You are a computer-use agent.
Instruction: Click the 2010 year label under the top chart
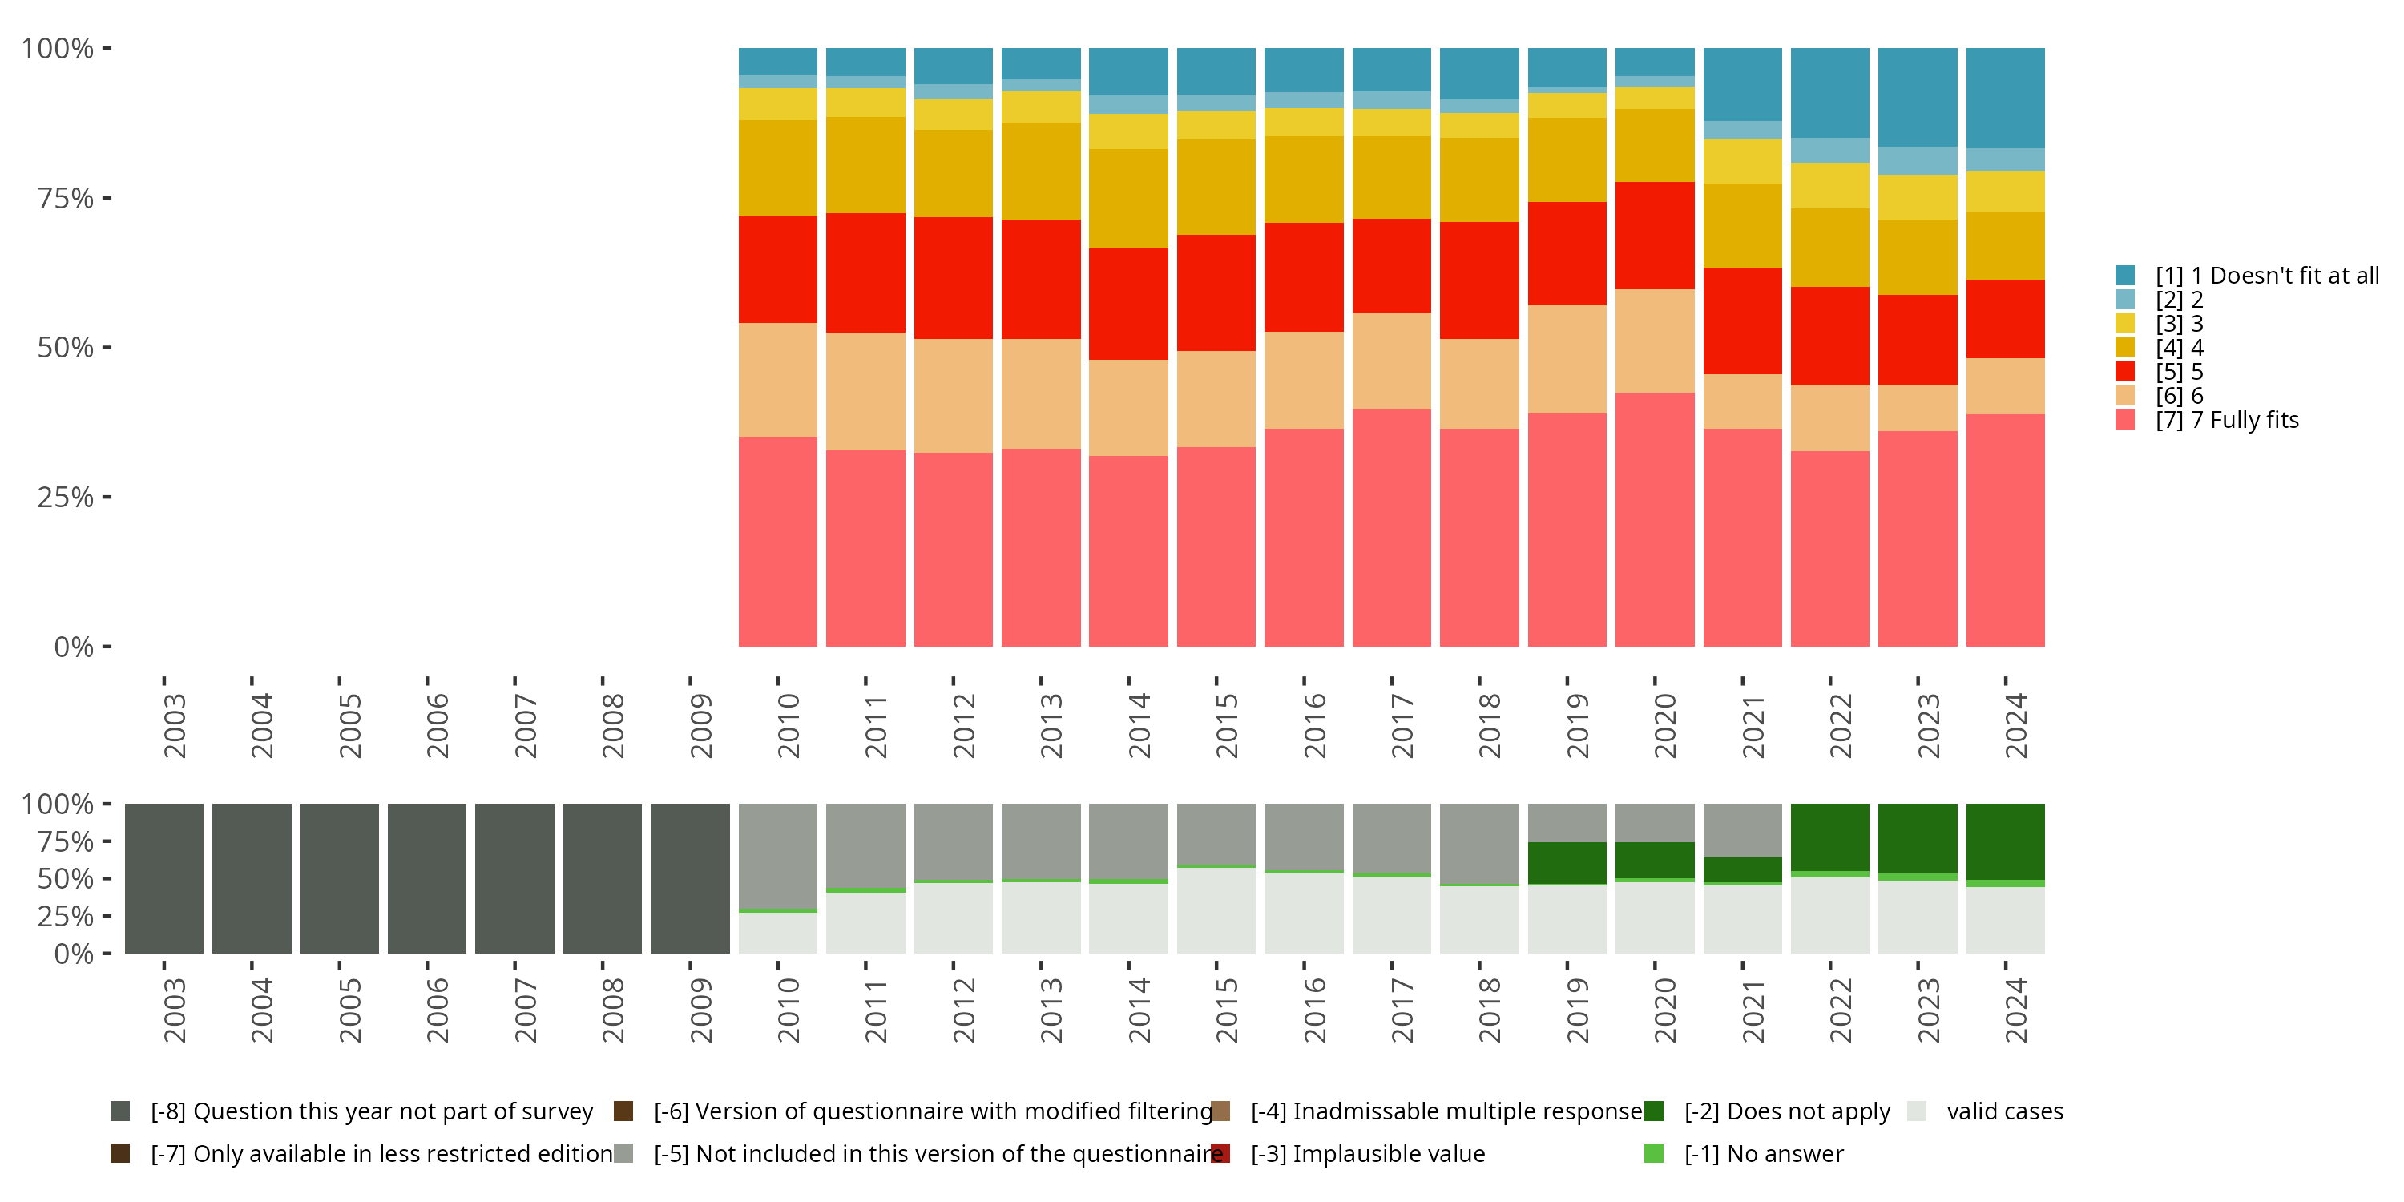pos(788,725)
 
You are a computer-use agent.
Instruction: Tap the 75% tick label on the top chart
pos(66,198)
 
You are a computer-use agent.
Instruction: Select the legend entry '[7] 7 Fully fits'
pos(2227,420)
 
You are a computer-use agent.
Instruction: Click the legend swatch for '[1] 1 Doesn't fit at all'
pos(2125,276)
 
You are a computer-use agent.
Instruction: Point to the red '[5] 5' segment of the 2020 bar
pos(1655,235)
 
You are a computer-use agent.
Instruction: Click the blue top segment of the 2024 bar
pos(2005,98)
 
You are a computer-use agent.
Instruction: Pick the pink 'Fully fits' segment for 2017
pos(1391,527)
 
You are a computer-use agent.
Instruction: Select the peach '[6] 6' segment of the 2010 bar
pos(777,380)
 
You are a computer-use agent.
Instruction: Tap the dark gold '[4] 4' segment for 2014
pos(1128,199)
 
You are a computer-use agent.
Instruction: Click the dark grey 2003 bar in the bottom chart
pos(164,878)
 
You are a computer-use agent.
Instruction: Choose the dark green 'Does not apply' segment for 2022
pos(1829,837)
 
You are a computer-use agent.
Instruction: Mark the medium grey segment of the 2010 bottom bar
pos(777,855)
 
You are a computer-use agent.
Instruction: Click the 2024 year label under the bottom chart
pos(2016,1010)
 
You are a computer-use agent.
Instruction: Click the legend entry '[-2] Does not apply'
pos(1786,1111)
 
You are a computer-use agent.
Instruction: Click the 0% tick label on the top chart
pos(74,647)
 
